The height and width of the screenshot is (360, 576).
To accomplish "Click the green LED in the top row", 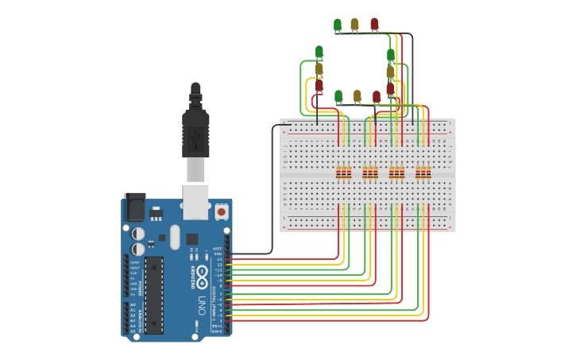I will pyautogui.click(x=338, y=25).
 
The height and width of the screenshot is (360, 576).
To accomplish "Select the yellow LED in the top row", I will pyautogui.click(x=354, y=25).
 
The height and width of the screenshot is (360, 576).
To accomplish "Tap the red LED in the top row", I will pyautogui.click(x=374, y=25).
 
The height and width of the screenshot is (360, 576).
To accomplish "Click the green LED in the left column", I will pyautogui.click(x=319, y=52).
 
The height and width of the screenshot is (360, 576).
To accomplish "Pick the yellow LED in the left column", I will pyautogui.click(x=319, y=69).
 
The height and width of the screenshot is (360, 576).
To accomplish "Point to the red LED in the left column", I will pyautogui.click(x=319, y=85).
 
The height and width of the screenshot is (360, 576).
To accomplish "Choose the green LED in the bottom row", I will pyautogui.click(x=338, y=96).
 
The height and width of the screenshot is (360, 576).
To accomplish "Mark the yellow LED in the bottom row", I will pyautogui.click(x=358, y=96).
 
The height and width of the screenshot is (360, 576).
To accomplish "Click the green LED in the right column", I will pyautogui.click(x=391, y=56).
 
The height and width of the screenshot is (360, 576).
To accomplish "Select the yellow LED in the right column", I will pyautogui.click(x=390, y=72).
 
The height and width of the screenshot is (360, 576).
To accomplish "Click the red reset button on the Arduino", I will pyautogui.click(x=221, y=211).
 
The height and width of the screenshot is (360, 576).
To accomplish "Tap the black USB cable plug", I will pyautogui.click(x=195, y=131).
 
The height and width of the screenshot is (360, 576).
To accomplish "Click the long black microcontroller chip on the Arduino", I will pyautogui.click(x=154, y=294).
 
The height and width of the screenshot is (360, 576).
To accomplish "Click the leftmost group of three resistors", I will pyautogui.click(x=343, y=172).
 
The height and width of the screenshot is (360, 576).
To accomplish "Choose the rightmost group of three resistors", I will pyautogui.click(x=423, y=172).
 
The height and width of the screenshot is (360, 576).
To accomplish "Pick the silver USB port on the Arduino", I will pyautogui.click(x=195, y=201).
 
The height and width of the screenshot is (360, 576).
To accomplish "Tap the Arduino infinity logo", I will pyautogui.click(x=202, y=277).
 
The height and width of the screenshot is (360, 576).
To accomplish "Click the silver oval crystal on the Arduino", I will pyautogui.click(x=176, y=236).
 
